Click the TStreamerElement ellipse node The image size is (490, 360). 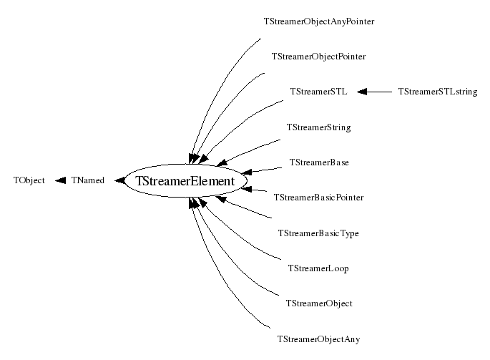coord(185,181)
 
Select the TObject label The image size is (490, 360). coord(29,181)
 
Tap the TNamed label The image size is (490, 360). coord(87,181)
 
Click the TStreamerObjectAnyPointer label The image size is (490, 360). coord(319,21)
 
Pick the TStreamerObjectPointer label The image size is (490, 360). coord(319,57)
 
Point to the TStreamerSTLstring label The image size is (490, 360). coord(437,92)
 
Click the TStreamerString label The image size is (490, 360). coord(318,127)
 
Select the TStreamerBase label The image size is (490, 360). coord(318,162)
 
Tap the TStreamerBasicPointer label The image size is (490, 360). coord(318,198)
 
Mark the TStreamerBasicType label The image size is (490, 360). coord(318,233)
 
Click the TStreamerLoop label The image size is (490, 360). coord(318,268)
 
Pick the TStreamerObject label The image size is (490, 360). coord(318,303)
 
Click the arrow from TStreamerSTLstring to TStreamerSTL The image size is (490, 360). coord(375,92)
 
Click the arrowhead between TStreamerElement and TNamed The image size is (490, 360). coord(118,181)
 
